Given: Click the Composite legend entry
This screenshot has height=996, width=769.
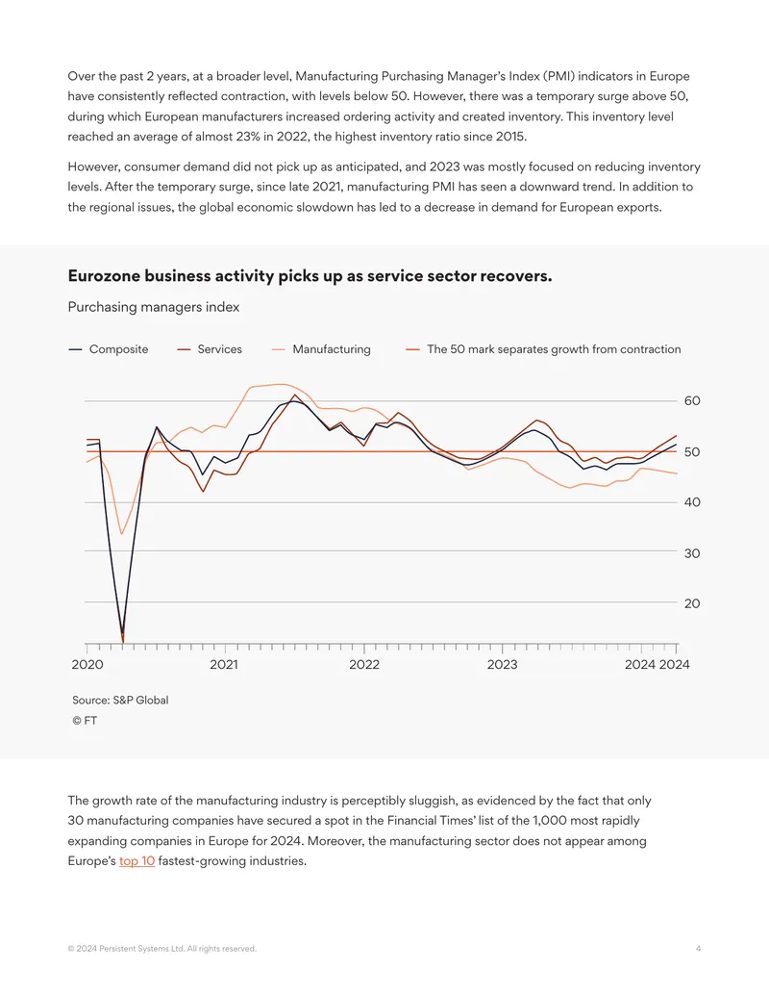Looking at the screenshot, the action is (108, 349).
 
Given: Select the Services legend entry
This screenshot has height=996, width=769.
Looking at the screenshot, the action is (210, 349).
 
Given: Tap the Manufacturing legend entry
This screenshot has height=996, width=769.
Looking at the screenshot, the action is (321, 349).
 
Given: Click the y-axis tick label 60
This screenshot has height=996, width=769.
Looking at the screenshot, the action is (692, 401).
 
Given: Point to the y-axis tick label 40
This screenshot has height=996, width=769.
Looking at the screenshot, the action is (692, 502).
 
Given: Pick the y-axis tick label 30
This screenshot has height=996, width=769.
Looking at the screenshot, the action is (692, 553).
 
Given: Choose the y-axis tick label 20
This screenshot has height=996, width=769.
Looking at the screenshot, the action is (692, 603).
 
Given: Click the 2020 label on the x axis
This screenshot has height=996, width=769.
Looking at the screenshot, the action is (87, 664).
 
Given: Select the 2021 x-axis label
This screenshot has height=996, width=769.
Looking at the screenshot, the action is (224, 664).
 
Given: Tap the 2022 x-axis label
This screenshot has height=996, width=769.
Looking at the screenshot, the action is (364, 664).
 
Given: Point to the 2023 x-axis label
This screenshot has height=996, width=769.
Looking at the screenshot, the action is (502, 664).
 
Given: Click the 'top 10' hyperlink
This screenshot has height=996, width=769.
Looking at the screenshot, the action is (137, 861).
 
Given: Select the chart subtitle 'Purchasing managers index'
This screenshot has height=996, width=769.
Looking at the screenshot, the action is (154, 307).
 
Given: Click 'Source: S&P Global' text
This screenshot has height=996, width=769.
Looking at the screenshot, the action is (120, 700).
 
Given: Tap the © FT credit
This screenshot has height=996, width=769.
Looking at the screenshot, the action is (85, 721).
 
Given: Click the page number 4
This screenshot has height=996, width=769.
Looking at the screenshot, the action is (698, 948).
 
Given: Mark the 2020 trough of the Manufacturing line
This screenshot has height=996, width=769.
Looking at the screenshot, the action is (122, 533).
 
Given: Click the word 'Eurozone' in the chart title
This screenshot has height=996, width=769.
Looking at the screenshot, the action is (104, 276).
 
